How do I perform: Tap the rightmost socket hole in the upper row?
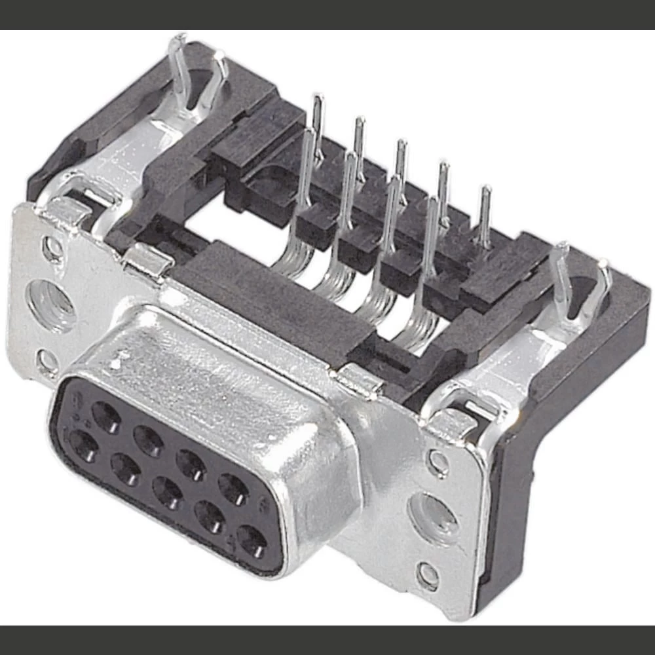[233, 489]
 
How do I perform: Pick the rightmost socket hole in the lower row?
[252, 541]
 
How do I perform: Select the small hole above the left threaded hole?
[52, 248]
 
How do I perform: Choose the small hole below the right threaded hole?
[428, 576]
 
